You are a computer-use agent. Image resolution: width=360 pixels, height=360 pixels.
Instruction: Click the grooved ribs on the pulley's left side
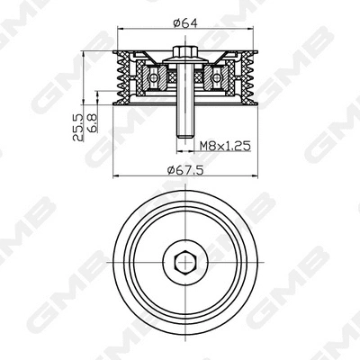point(120,78)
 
